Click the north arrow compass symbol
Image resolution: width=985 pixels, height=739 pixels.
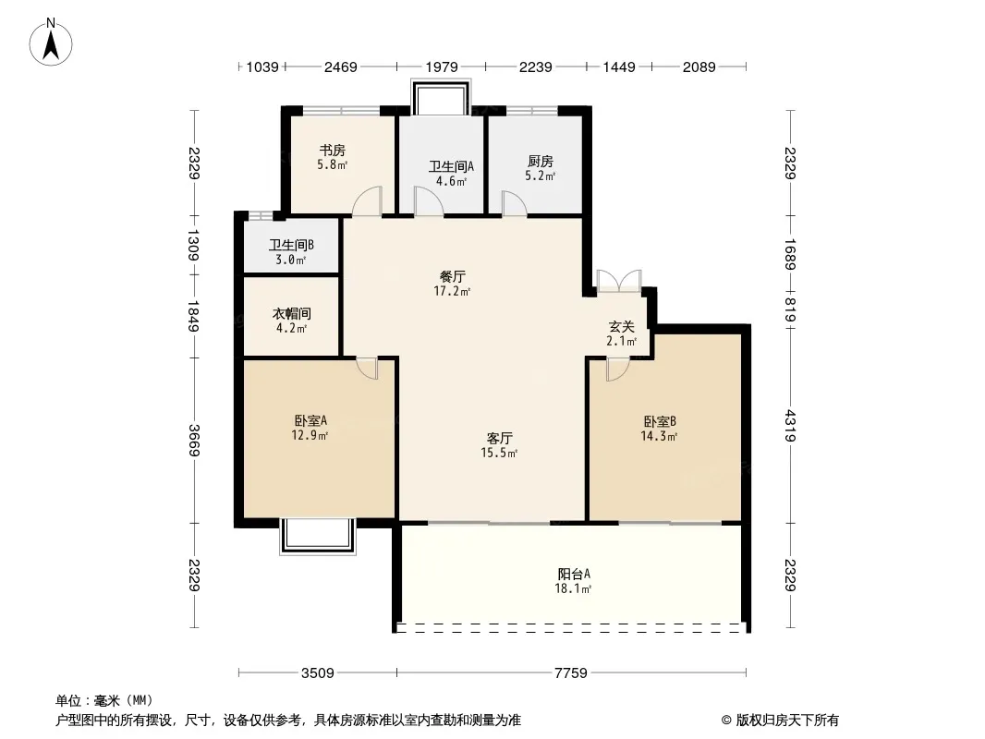pyautogui.click(x=51, y=42)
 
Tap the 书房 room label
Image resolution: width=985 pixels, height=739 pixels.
pyautogui.click(x=333, y=150)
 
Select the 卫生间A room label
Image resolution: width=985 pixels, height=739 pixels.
pyautogui.click(x=451, y=166)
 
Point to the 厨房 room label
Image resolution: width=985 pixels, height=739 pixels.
pyautogui.click(x=541, y=162)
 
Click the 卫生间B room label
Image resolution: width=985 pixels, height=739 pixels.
pyautogui.click(x=291, y=245)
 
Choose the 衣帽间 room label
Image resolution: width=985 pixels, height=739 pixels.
pyautogui.click(x=291, y=313)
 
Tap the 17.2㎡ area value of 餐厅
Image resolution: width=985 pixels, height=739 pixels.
pyautogui.click(x=452, y=291)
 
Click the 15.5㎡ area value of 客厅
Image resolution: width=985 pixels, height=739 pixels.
pyautogui.click(x=499, y=453)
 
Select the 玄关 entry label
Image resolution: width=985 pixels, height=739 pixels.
pyautogui.click(x=621, y=326)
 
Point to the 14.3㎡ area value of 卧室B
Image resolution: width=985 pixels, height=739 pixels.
pyautogui.click(x=659, y=436)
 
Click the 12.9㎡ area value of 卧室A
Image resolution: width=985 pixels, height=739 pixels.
pyautogui.click(x=310, y=434)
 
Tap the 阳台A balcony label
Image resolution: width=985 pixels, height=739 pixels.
pyautogui.click(x=574, y=574)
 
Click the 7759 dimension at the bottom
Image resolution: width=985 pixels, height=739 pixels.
pyautogui.click(x=570, y=673)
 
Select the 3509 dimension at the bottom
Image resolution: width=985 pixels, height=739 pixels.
pyautogui.click(x=317, y=673)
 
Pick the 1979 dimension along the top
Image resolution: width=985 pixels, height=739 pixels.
pyautogui.click(x=442, y=67)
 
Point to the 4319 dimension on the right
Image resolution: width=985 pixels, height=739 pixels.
pyautogui.click(x=790, y=426)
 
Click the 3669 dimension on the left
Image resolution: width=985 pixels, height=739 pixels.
pyautogui.click(x=194, y=441)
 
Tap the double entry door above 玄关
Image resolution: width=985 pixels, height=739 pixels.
pyautogui.click(x=619, y=281)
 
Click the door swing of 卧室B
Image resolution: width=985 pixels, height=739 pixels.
pyautogui.click(x=617, y=369)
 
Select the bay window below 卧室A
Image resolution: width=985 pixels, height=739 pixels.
pyautogui.click(x=317, y=536)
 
